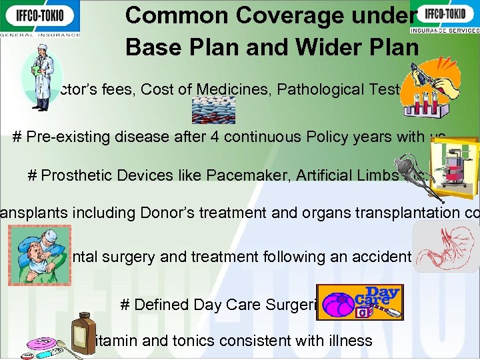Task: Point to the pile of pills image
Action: click(213, 109)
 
